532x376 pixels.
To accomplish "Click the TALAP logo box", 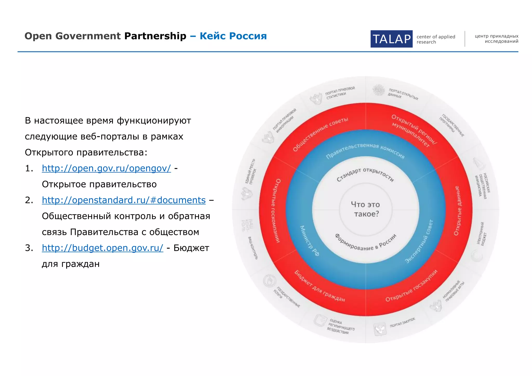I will tap(391, 39).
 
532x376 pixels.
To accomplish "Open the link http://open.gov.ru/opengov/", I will tap(106, 168).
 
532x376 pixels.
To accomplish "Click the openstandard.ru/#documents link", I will tap(124, 200).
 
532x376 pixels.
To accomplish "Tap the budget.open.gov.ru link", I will tap(102, 248).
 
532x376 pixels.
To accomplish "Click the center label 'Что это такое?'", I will tap(365, 209).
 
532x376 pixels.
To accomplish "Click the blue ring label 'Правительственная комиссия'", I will tap(365, 151).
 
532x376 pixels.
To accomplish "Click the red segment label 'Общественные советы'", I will tap(320, 134).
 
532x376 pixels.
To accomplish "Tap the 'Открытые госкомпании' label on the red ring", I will tap(275, 211).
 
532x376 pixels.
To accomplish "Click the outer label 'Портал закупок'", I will tap(402, 323).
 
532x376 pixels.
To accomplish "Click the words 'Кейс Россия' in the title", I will tap(233, 36).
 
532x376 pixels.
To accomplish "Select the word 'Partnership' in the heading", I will tap(155, 36).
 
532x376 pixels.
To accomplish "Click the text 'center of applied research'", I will tap(436, 39).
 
